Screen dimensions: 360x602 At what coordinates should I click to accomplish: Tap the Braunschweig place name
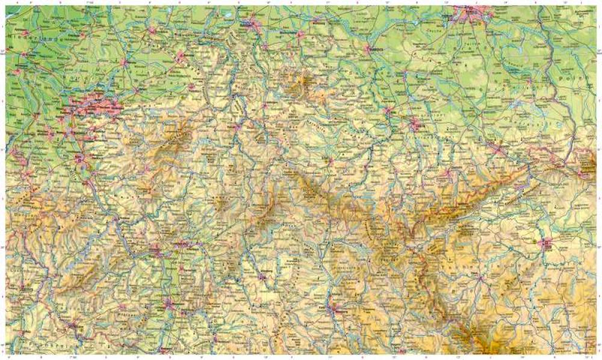300,36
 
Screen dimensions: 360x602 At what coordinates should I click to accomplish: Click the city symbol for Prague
547,244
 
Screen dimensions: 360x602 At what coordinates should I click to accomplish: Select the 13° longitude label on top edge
444,3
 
